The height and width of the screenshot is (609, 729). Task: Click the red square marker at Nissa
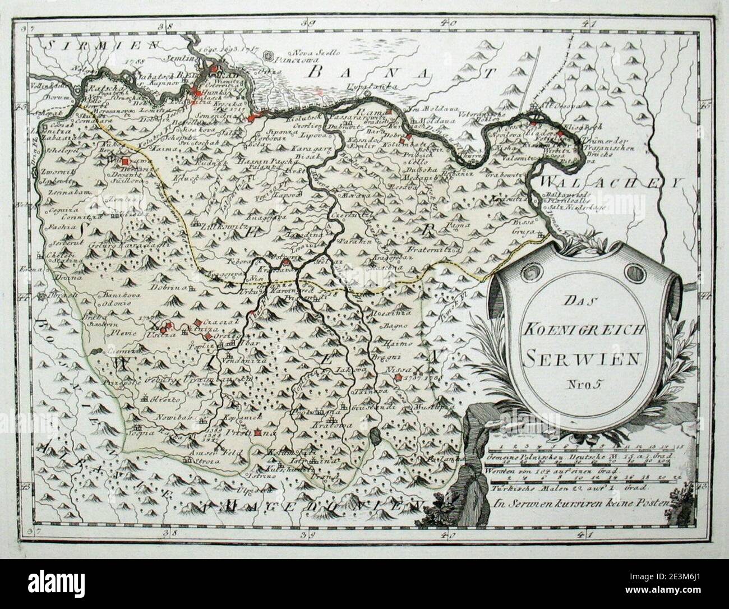click(x=398, y=377)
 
